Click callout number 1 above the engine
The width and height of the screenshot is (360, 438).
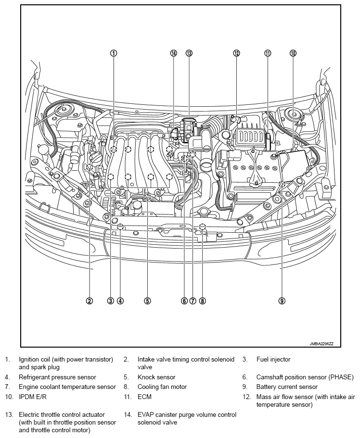click(113, 53)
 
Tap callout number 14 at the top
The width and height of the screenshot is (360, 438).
click(174, 53)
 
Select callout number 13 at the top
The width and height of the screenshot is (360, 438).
click(189, 53)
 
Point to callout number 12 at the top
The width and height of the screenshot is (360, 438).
click(236, 53)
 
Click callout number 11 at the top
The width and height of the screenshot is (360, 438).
click(268, 53)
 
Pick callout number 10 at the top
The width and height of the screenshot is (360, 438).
click(293, 53)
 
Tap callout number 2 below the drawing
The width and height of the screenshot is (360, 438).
click(89, 301)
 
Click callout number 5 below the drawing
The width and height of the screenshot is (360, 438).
click(148, 301)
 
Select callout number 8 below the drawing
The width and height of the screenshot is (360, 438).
click(202, 301)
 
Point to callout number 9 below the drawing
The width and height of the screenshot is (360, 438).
click(282, 301)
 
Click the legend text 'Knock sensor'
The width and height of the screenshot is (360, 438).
click(156, 377)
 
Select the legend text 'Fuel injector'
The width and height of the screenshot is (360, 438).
click(273, 359)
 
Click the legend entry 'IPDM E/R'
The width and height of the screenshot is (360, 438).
click(32, 397)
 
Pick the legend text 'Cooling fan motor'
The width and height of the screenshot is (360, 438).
click(162, 387)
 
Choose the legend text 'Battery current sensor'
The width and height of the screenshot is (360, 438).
click(287, 387)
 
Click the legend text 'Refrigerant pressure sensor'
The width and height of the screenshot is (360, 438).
click(57, 377)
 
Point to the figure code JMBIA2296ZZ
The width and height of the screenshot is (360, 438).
click(322, 344)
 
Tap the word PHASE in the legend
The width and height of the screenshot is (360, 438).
click(341, 377)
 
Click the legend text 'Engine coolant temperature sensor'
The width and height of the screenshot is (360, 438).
click(67, 387)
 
